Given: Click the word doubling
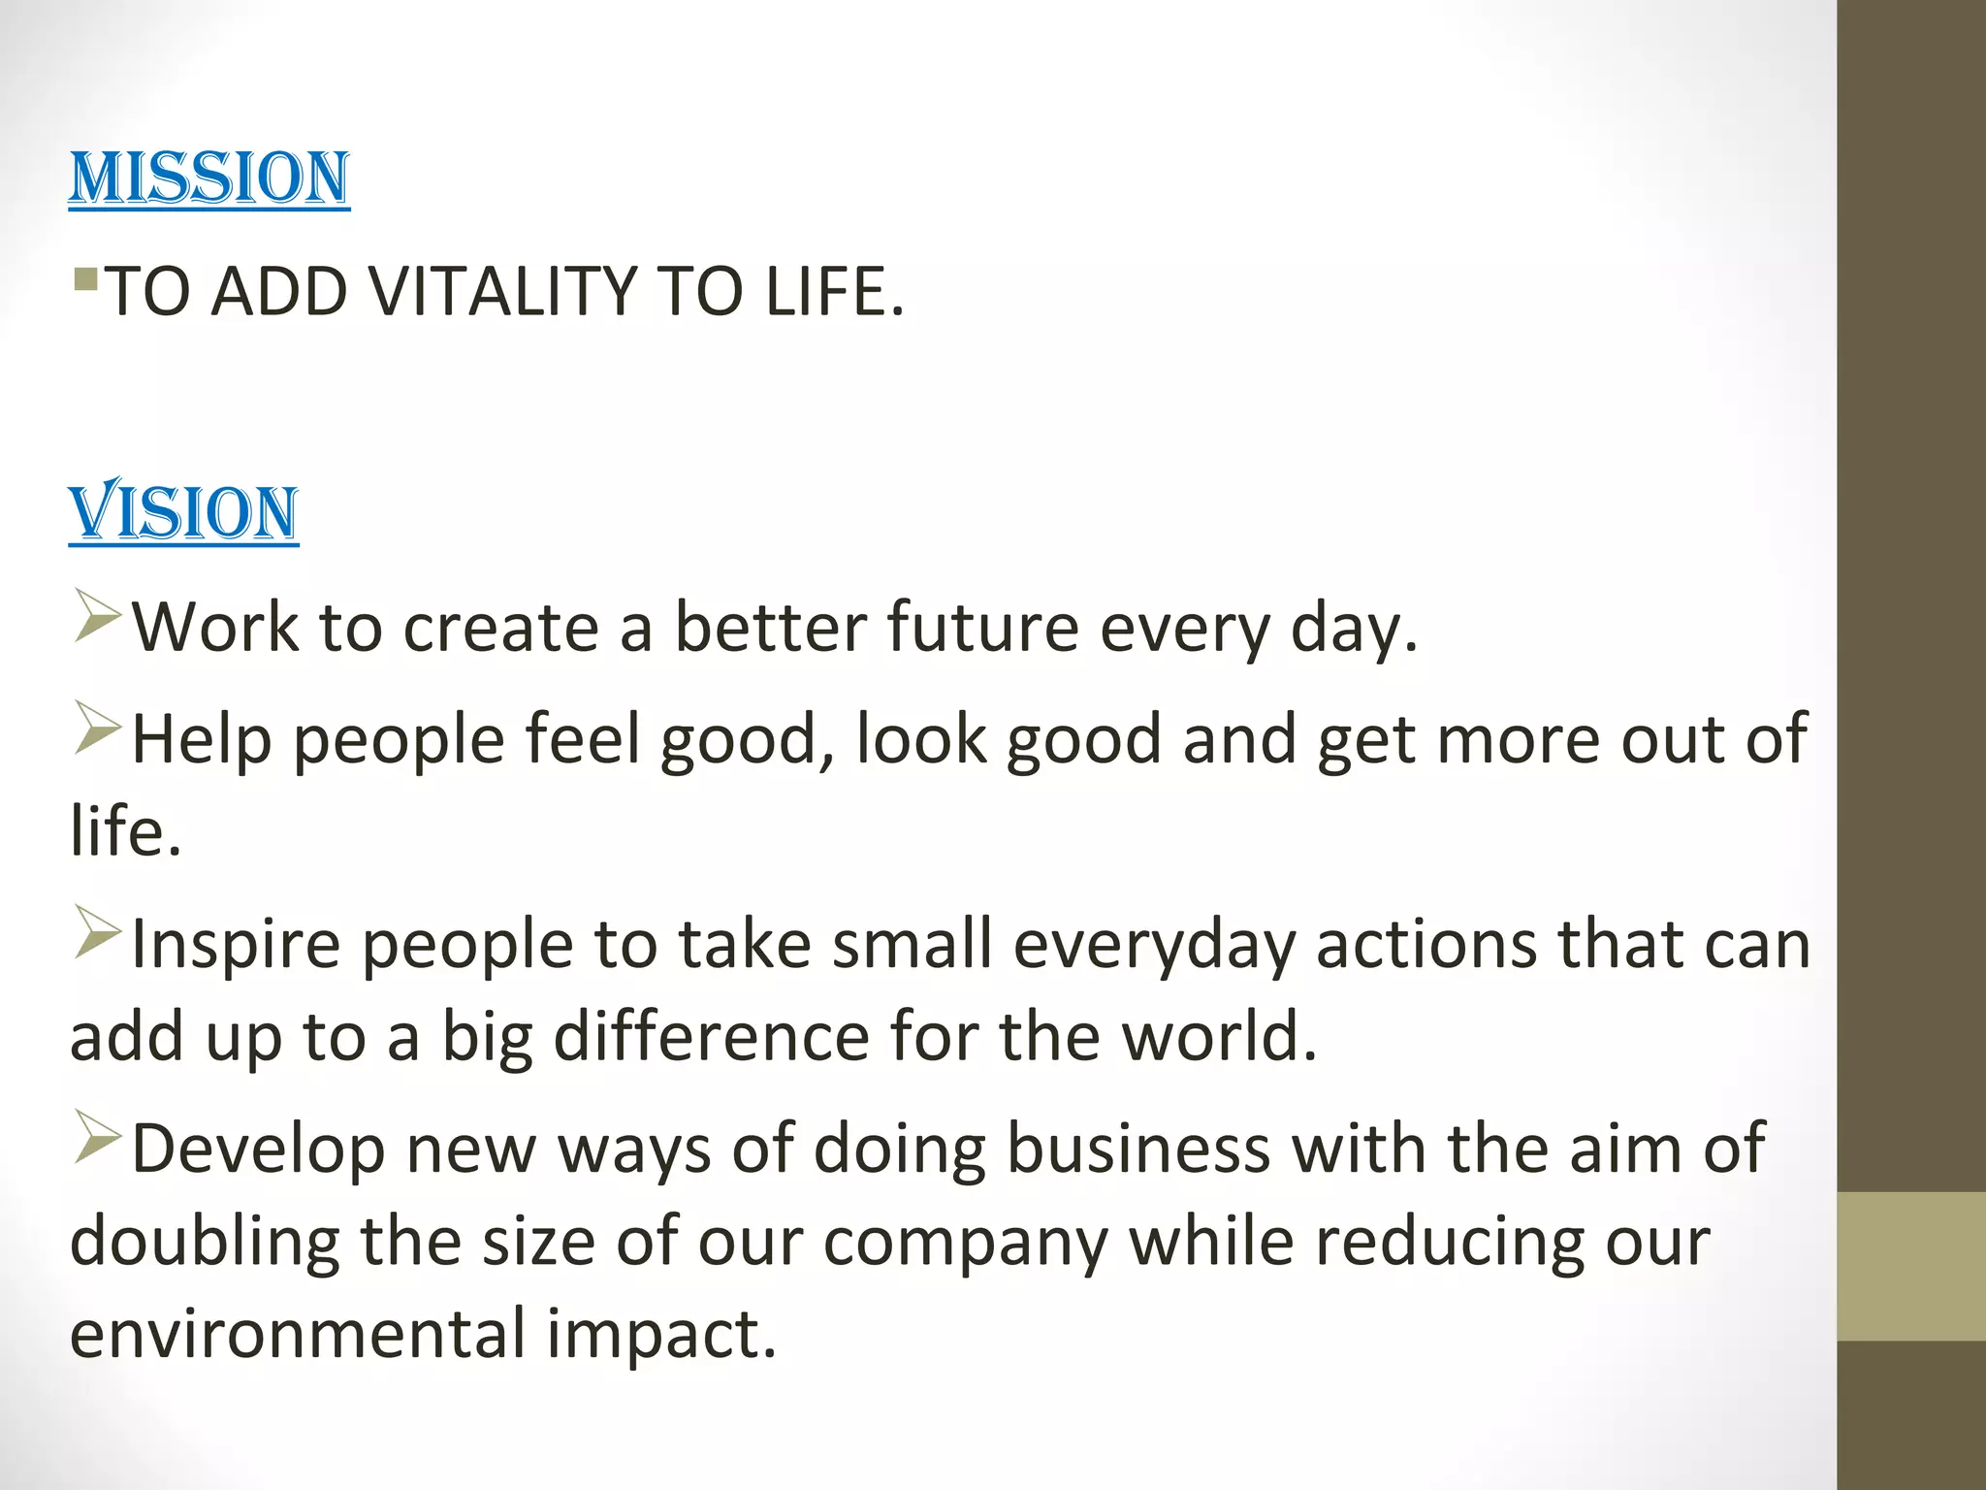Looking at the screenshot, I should [x=205, y=1242].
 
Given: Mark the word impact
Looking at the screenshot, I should [x=661, y=1336].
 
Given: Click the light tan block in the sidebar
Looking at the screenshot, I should [x=1910, y=1266].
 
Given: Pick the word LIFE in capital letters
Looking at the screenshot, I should [x=834, y=292].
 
